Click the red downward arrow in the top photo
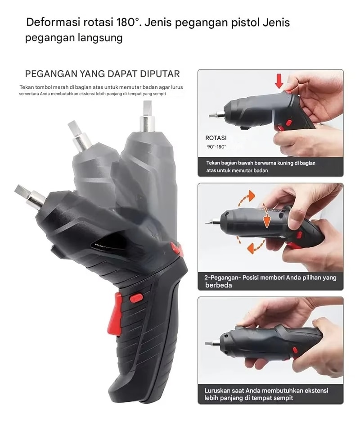[279, 81]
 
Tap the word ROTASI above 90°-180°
[216, 138]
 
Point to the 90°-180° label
[216, 146]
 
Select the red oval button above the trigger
[136, 298]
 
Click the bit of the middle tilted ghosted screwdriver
[79, 136]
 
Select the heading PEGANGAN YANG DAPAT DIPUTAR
[102, 74]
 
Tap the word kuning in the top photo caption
[286, 163]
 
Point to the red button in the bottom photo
[295, 350]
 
